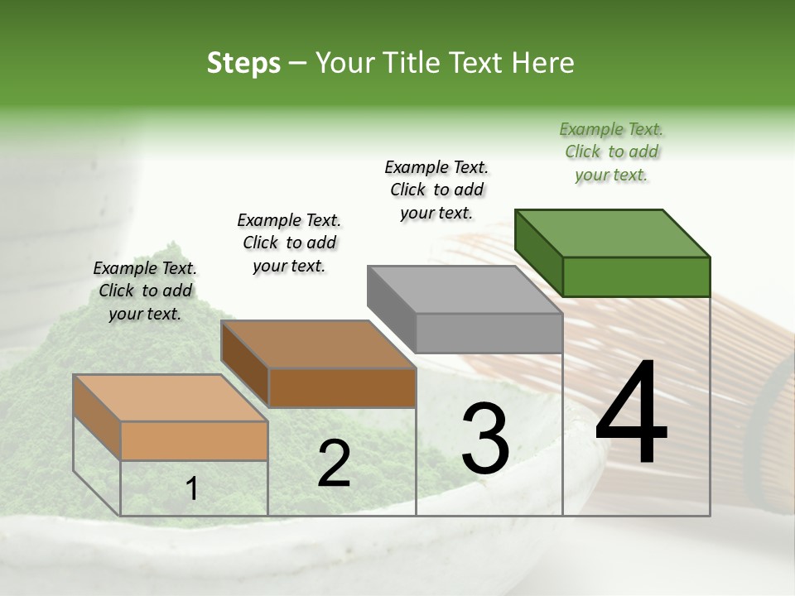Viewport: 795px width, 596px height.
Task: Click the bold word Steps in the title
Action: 243,63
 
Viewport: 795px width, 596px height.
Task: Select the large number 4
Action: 631,413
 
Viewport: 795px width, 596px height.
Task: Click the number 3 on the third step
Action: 485,439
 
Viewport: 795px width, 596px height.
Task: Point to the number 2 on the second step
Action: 334,464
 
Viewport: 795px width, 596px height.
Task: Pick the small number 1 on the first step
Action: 192,489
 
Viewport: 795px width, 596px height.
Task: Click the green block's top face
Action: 613,233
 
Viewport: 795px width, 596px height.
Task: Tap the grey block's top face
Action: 465,289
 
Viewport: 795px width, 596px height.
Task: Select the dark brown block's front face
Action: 342,387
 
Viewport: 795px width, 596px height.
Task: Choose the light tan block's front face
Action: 194,440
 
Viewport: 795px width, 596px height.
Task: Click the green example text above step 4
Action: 611,151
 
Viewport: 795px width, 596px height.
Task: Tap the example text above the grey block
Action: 436,190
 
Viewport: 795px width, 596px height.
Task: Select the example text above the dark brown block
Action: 289,243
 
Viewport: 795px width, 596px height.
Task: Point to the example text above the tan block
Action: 145,291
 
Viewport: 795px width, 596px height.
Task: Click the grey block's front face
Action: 489,333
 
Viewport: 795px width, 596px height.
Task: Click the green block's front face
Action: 636,276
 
